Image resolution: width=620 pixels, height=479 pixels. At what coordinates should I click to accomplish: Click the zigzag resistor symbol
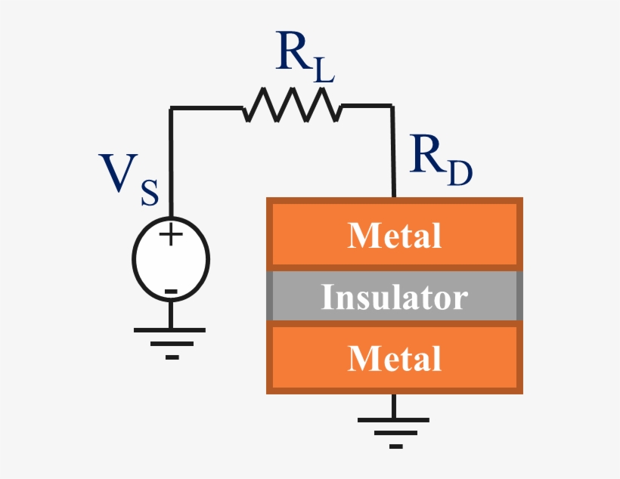[292, 105]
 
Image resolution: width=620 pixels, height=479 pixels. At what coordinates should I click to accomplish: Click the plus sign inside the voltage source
[171, 234]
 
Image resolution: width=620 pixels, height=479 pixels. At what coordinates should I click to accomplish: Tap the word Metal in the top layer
[395, 236]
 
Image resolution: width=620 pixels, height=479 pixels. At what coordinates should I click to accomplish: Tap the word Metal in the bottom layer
[395, 358]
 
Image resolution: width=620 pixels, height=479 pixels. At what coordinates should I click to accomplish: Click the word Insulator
[395, 297]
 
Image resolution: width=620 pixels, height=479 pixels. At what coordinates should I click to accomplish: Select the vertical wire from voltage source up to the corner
[171, 166]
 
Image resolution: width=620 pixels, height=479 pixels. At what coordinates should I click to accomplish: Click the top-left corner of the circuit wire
[171, 108]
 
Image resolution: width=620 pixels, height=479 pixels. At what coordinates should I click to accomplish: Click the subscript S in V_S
[149, 193]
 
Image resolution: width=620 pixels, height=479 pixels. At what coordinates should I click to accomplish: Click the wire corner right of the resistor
[393, 107]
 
